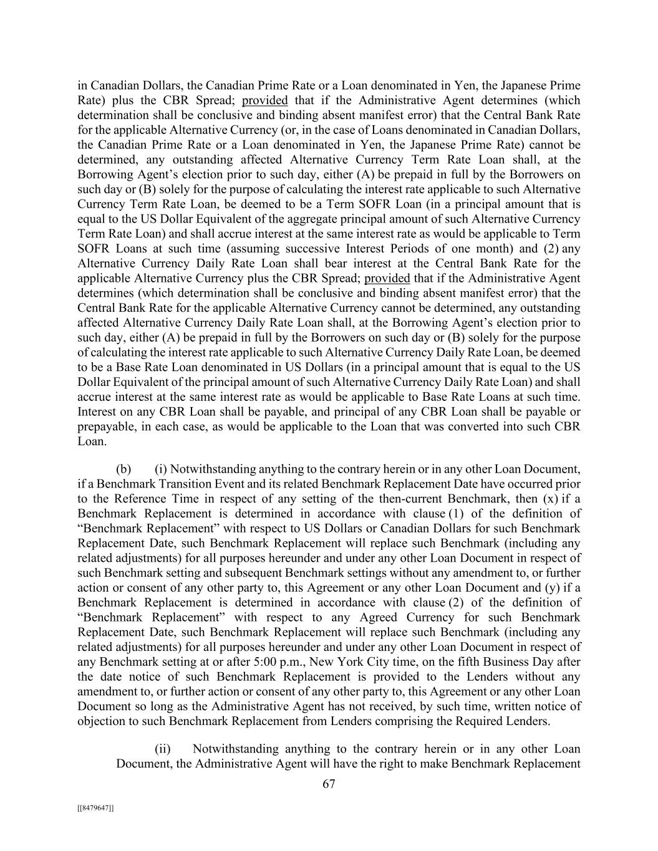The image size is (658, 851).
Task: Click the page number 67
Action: [329, 784]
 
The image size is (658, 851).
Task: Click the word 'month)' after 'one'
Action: [481, 249]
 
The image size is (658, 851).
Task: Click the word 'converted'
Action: [473, 427]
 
